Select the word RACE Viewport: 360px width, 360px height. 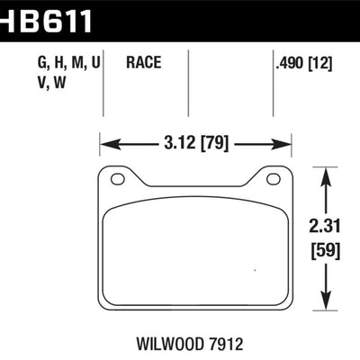[144, 64]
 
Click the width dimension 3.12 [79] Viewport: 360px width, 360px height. [195, 142]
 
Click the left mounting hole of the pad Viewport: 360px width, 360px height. [117, 179]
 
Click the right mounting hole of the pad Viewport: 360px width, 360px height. [271, 179]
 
